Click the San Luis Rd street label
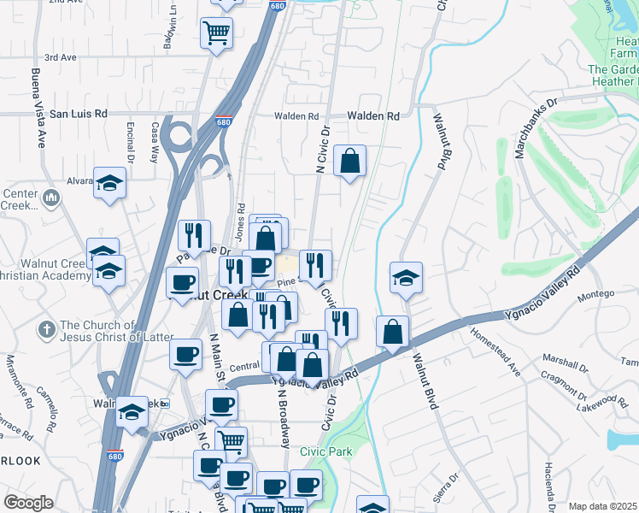pyautogui.click(x=79, y=113)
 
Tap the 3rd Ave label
pyautogui.click(x=61, y=57)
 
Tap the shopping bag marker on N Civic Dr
pyautogui.click(x=350, y=161)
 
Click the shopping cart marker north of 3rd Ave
pyautogui.click(x=216, y=33)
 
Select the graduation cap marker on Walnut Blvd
pyautogui.click(x=407, y=277)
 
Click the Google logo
pyautogui.click(x=28, y=503)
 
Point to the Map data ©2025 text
pyautogui.click(x=603, y=506)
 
